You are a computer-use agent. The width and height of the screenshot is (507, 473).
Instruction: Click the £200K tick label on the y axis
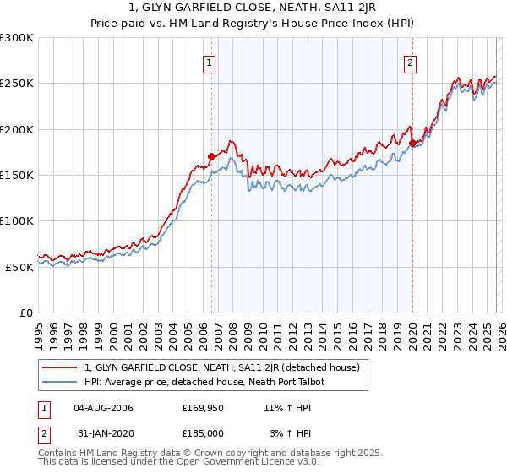coord(17,129)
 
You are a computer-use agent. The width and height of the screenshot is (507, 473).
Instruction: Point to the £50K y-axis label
coord(19,266)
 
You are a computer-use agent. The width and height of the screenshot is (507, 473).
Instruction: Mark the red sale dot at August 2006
coord(211,156)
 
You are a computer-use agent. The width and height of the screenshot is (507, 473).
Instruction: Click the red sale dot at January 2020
coord(412,143)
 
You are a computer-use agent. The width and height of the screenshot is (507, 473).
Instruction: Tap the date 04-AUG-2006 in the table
coord(103,409)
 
